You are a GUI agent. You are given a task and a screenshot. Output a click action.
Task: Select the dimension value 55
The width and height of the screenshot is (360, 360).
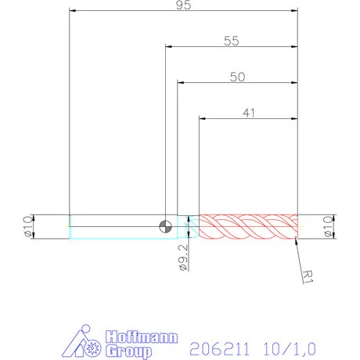(x=231, y=41)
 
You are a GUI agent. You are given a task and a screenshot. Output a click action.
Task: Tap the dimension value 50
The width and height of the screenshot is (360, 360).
(x=238, y=77)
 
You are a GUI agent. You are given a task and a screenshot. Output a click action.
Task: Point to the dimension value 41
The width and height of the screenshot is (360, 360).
(x=249, y=113)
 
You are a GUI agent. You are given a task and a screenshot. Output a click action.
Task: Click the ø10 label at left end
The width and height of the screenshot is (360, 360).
(x=27, y=226)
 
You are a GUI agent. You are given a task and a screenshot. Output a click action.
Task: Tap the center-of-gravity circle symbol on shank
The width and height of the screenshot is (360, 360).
(x=165, y=227)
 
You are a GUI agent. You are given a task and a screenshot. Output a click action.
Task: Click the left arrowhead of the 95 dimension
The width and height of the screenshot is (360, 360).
(x=72, y=11)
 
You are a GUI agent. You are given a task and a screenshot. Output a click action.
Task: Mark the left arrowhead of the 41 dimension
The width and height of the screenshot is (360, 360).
(x=203, y=119)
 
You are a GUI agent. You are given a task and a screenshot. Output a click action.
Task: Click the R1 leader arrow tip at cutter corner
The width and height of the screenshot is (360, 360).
(x=297, y=241)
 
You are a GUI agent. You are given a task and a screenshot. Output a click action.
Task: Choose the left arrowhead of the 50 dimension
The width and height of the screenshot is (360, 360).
(x=180, y=83)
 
